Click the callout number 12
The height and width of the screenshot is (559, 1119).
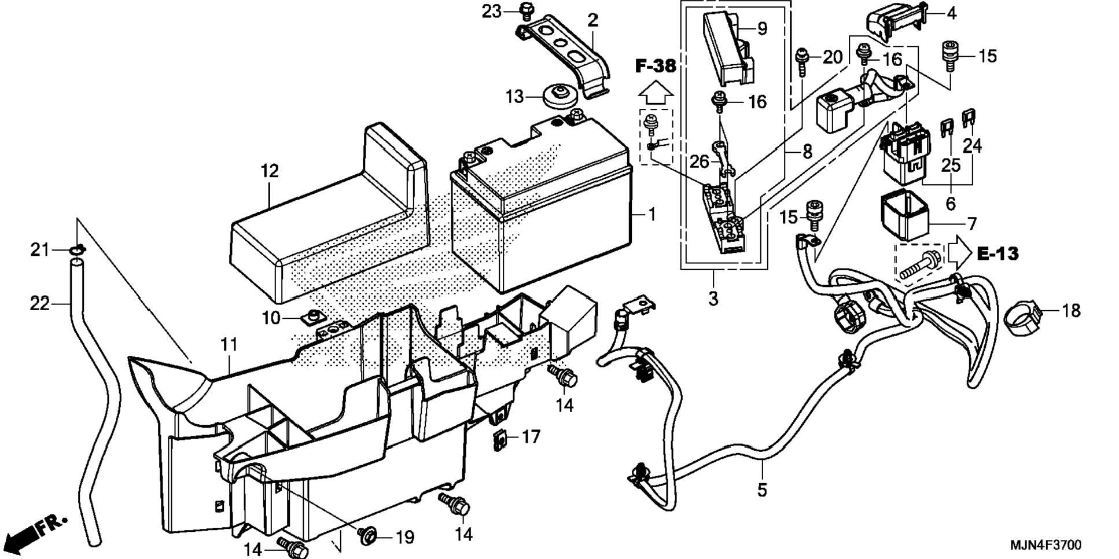click(x=270, y=171)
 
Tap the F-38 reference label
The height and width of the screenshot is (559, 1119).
click(x=656, y=67)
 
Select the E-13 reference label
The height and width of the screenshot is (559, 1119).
click(x=997, y=253)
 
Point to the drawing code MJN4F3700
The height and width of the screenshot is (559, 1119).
click(x=1045, y=545)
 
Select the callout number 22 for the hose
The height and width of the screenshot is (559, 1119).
click(x=40, y=303)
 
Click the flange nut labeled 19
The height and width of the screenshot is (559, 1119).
click(x=366, y=536)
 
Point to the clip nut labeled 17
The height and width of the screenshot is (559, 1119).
click(x=500, y=439)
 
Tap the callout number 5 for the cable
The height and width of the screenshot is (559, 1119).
click(x=762, y=490)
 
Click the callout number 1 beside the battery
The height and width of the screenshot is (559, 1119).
click(x=652, y=215)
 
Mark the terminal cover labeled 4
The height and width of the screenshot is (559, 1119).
click(x=895, y=23)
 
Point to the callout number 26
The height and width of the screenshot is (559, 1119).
click(x=699, y=161)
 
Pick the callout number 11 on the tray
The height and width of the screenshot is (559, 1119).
click(x=229, y=345)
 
